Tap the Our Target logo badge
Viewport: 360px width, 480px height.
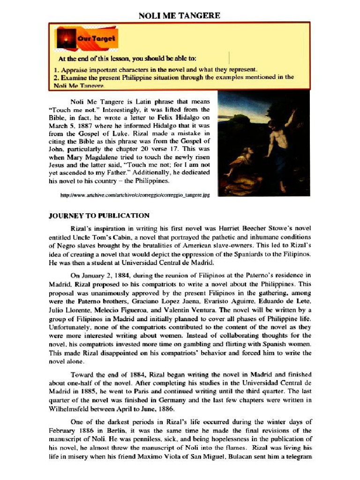coord(87,38)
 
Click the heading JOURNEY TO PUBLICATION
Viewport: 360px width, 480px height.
coord(99,216)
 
